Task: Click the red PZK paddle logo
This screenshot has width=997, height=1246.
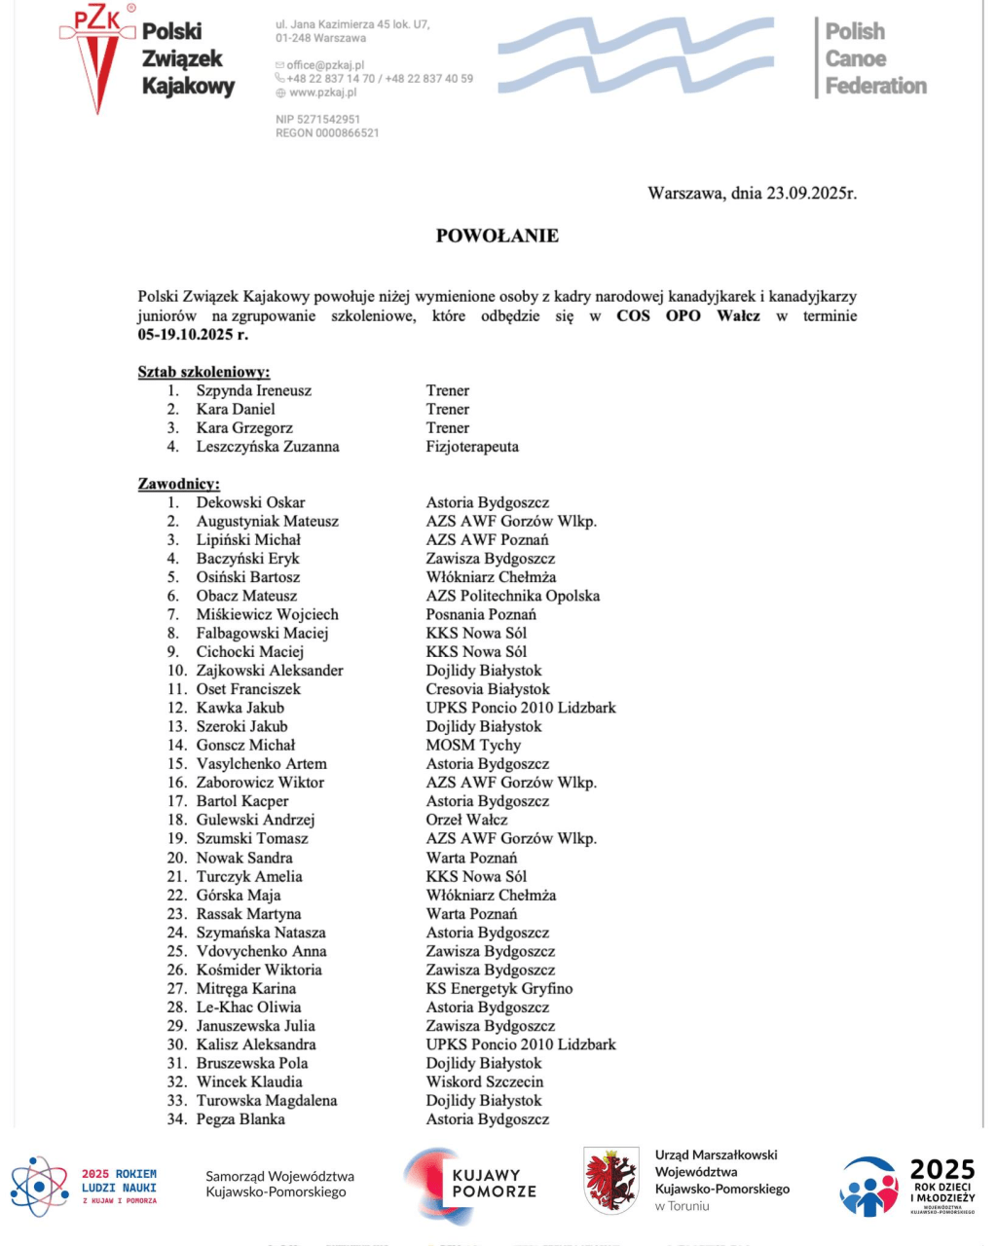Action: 97,58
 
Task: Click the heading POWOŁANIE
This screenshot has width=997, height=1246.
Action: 497,236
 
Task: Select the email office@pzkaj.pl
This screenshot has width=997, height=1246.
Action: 325,65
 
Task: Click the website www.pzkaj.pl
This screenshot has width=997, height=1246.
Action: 322,92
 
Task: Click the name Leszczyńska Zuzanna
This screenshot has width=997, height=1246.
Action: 268,447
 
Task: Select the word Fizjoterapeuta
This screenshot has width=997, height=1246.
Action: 472,447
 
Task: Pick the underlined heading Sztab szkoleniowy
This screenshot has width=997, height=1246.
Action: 203,372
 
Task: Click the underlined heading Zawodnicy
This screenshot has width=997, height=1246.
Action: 178,484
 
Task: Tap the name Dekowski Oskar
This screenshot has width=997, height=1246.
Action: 250,502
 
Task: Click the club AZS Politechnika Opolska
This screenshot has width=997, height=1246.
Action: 512,596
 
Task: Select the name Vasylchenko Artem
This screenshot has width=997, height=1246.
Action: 261,764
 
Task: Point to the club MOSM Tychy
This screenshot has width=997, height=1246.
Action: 473,745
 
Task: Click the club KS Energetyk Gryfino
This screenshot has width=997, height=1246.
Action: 498,988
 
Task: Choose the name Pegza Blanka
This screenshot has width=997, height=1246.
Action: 240,1119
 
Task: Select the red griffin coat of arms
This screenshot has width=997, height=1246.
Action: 610,1180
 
